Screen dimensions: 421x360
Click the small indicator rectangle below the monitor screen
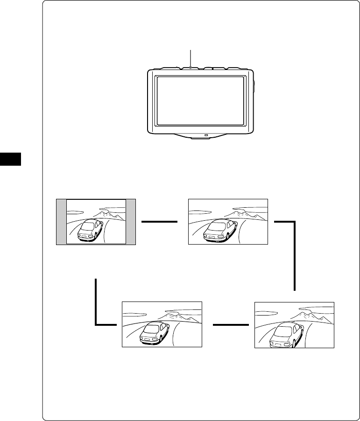[205, 136]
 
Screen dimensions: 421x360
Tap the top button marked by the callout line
[191, 68]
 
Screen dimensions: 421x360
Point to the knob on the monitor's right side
[254, 86]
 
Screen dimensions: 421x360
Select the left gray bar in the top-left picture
[61, 222]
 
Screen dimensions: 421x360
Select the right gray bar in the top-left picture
[131, 222]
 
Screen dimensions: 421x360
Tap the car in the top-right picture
[220, 230]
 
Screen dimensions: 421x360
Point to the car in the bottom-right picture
[284, 333]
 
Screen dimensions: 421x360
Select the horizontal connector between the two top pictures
[160, 222]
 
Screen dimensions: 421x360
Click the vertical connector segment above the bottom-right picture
[295, 257]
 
